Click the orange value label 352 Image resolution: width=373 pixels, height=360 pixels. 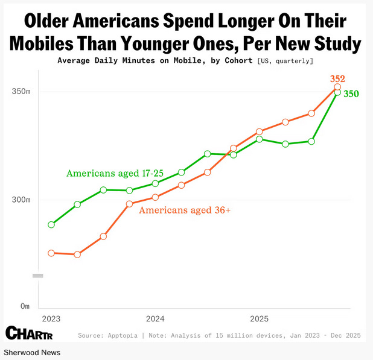(x=337, y=79)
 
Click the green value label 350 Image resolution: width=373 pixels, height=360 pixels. (x=351, y=93)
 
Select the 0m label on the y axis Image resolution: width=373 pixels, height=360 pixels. (x=25, y=306)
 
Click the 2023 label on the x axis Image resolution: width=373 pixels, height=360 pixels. (x=51, y=318)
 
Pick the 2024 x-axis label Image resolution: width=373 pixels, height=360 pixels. (x=155, y=318)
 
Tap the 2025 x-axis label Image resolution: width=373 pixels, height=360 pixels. (x=259, y=318)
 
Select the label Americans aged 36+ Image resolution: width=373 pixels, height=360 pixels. (x=185, y=210)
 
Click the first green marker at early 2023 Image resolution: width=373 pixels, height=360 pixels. (x=51, y=224)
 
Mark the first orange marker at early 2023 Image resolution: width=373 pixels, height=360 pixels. (x=51, y=253)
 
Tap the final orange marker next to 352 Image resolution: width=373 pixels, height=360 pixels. (x=337, y=87)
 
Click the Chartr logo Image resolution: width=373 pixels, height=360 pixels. (x=30, y=332)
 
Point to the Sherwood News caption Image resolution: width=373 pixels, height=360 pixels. (x=32, y=352)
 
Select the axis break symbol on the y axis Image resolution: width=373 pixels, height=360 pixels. (x=38, y=276)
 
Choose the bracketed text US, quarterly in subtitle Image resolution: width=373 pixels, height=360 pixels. (x=285, y=61)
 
